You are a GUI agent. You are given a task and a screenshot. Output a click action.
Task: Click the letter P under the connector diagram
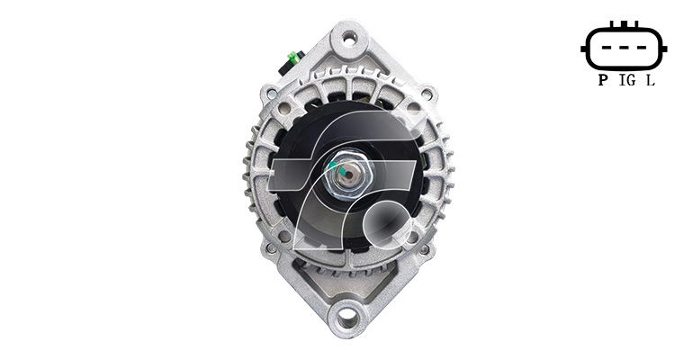point(602,80)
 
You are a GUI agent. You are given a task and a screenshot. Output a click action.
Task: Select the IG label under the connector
point(628,80)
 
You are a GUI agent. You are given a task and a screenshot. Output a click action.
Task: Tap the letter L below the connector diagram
point(651,80)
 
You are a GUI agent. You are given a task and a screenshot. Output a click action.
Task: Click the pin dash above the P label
point(606,47)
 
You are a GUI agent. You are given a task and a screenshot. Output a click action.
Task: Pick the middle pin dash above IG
point(623,47)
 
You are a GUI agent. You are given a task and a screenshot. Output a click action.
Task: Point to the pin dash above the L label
point(641,47)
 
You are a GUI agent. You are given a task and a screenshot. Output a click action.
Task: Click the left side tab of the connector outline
point(584,49)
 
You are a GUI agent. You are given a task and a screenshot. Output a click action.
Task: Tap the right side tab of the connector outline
point(663,49)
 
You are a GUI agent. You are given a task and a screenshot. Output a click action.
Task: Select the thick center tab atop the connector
point(624,24)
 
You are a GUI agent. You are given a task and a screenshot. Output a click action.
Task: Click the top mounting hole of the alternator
point(349,40)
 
